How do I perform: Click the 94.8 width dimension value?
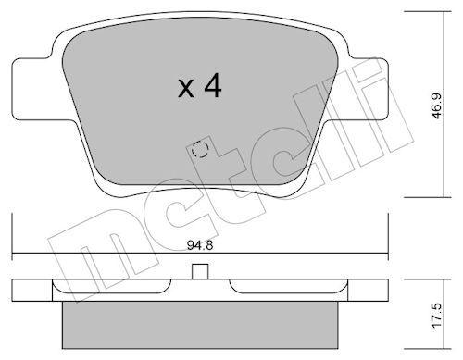pyautogui.click(x=200, y=245)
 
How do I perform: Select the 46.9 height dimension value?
pyautogui.click(x=437, y=106)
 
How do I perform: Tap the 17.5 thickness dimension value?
pyautogui.click(x=437, y=317)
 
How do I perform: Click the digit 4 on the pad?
pyautogui.click(x=213, y=85)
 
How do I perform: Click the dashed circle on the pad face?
pyautogui.click(x=200, y=150)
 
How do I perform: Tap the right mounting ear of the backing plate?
pyautogui.click(x=368, y=90)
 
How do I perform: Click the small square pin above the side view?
pyautogui.click(x=200, y=272)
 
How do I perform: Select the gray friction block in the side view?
pyautogui.click(x=200, y=325)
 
